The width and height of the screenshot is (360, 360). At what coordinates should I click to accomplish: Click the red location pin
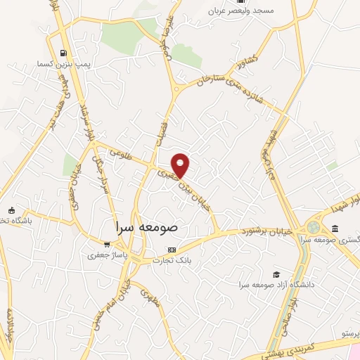181,165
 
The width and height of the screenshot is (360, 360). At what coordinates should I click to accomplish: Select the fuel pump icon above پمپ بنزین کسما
64,53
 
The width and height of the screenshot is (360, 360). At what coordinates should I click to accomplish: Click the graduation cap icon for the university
277,274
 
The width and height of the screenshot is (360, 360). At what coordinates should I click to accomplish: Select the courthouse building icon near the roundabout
334,229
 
